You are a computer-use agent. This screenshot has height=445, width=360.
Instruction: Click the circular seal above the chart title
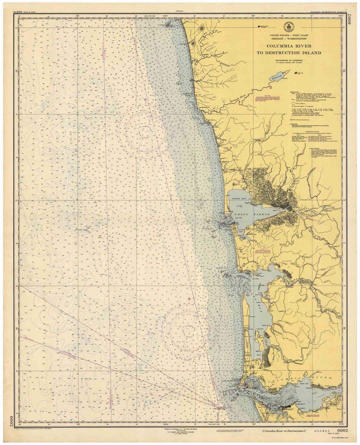pos(287,27)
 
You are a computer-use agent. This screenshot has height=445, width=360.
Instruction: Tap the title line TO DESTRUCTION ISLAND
pos(289,53)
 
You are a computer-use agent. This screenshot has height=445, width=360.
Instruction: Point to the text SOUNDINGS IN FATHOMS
pos(289,60)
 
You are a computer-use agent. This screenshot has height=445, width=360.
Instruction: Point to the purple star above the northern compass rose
pos(145,99)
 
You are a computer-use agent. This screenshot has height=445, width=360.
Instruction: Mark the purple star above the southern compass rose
pos(189,299)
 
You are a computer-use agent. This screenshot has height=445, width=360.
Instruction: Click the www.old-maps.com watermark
pos(340,438)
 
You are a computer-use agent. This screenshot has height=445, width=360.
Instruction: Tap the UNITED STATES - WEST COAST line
pos(289,35)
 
